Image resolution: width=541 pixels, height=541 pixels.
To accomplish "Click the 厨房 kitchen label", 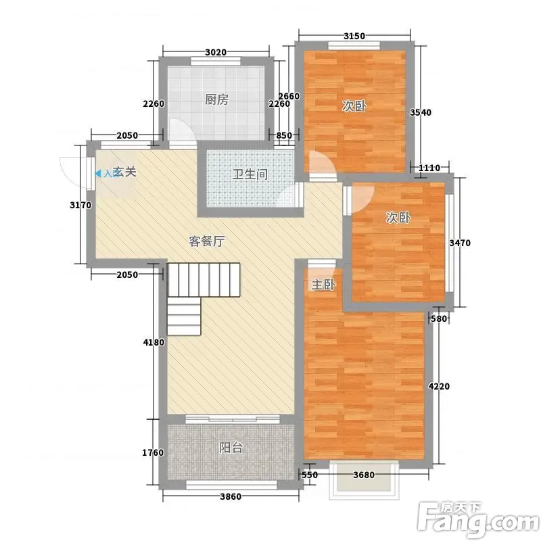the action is [x=216, y=99].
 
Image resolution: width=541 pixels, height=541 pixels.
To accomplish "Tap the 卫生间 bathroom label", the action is [x=250, y=174].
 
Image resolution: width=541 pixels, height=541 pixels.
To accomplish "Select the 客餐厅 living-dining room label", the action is [x=207, y=241].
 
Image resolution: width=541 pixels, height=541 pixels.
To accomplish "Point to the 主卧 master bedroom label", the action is [x=323, y=285].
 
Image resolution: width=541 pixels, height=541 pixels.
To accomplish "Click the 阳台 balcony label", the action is [x=231, y=448].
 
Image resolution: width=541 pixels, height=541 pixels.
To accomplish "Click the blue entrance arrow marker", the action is [x=98, y=174].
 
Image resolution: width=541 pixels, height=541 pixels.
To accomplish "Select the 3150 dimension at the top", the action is [x=354, y=36].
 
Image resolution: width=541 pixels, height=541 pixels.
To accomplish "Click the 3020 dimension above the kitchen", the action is [x=216, y=53].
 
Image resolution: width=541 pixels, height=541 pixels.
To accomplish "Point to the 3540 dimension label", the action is [x=421, y=112].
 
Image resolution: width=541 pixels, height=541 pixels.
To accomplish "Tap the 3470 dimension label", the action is [x=460, y=243].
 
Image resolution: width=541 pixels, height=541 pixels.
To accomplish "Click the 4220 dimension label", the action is [x=439, y=386].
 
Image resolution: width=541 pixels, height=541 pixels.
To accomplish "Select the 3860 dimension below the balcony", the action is [x=231, y=497].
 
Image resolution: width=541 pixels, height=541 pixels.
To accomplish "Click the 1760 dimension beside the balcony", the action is [x=153, y=452].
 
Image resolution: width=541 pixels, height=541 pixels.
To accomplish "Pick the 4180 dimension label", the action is [x=154, y=343].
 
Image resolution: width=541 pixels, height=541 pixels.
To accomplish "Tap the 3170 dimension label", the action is [x=80, y=206].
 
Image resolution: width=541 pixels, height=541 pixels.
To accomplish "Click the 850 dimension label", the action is [x=284, y=135].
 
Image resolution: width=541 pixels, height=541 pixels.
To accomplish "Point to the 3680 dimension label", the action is [x=364, y=475].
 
